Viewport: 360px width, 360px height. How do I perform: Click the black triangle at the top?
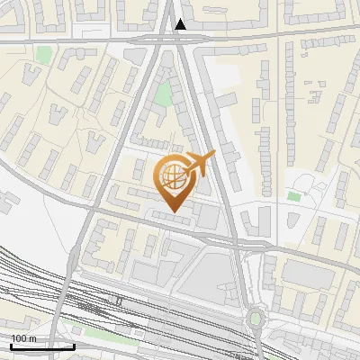(x=181, y=24)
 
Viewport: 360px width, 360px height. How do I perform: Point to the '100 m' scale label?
(x=24, y=337)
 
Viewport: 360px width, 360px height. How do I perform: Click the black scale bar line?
(x=42, y=346)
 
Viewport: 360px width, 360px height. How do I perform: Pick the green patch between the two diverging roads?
(x=163, y=93)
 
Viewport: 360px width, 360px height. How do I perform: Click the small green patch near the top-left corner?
(x=43, y=55)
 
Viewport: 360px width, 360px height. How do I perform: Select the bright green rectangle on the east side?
(x=294, y=195)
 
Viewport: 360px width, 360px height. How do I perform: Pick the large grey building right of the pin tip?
(x=206, y=216)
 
